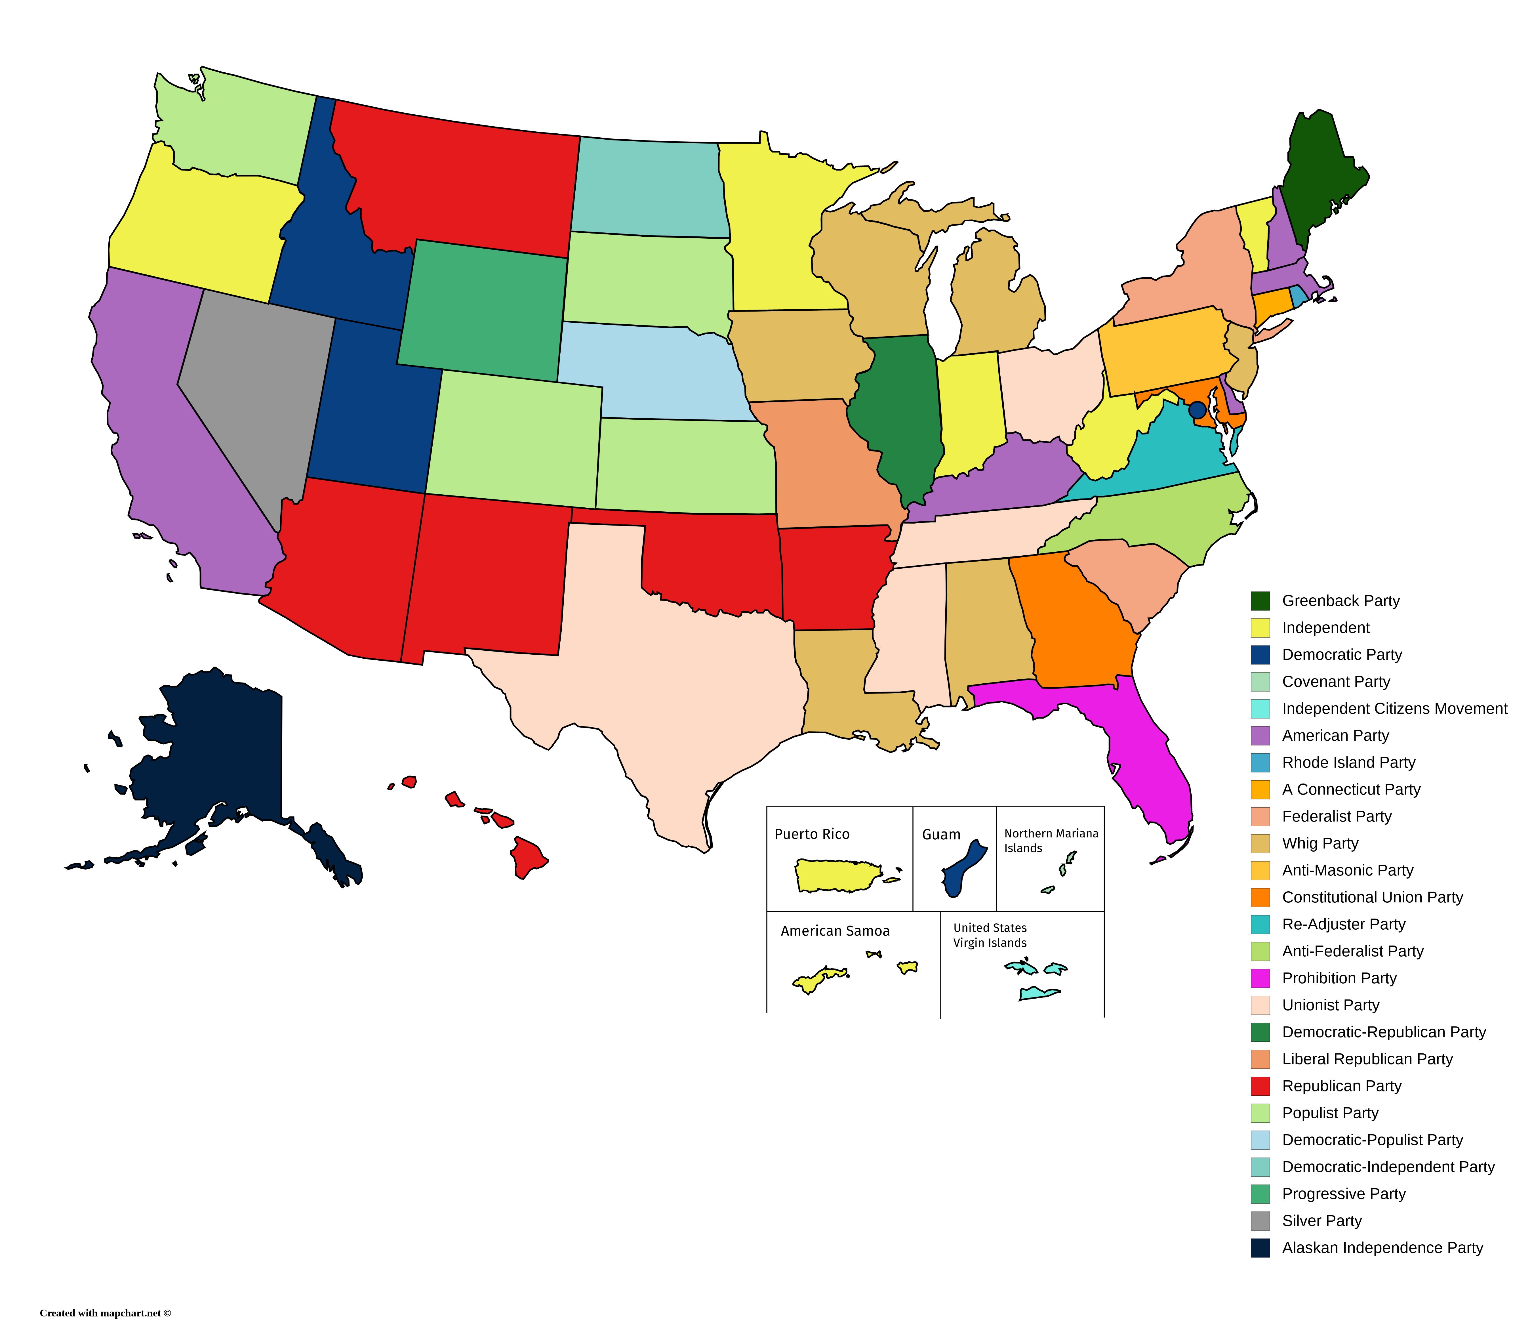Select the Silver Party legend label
pyautogui.click(x=1321, y=1221)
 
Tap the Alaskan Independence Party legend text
pyautogui.click(x=1382, y=1248)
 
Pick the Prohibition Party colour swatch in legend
pyautogui.click(x=1260, y=978)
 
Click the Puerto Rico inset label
pyautogui.click(x=812, y=834)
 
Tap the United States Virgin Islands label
pyautogui.click(x=990, y=935)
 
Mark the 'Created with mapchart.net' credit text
pyautogui.click(x=105, y=1313)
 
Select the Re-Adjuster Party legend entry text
pyautogui.click(x=1343, y=924)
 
